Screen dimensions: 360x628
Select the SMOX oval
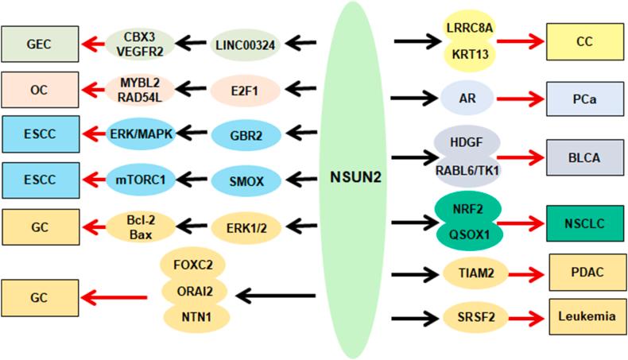click(x=246, y=180)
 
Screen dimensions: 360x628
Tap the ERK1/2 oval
click(x=246, y=225)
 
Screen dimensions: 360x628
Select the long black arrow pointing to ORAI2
click(x=277, y=298)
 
